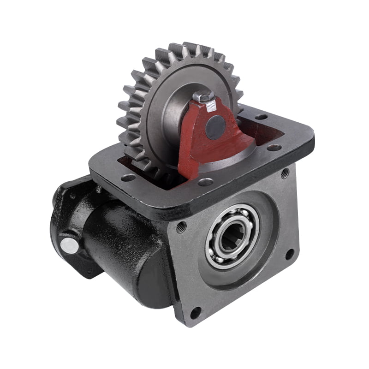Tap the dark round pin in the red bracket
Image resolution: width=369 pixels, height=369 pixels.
[215, 127]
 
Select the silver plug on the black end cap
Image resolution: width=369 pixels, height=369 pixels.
[70, 245]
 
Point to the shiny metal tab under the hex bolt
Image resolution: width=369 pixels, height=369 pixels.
[211, 107]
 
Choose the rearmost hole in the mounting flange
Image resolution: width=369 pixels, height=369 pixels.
[261, 117]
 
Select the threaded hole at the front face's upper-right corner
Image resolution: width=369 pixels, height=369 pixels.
[285, 173]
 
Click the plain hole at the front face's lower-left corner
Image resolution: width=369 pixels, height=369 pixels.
[195, 312]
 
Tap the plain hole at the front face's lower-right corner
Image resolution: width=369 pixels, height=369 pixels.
[289, 254]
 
